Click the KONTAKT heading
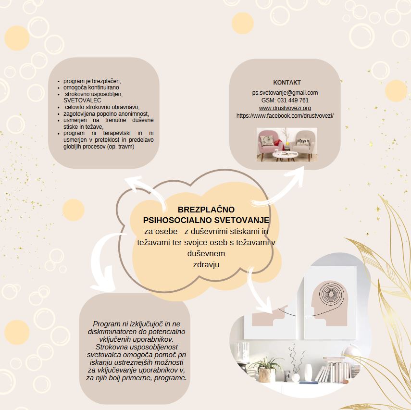tap(287, 82)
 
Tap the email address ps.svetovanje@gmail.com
tap(285, 93)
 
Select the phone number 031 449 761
tap(293, 100)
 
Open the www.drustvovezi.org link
tap(285, 108)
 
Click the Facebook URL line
tap(285, 116)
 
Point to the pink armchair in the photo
tap(270, 144)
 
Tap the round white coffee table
tap(285, 155)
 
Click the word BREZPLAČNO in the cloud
tap(206, 210)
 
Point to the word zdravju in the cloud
tap(206, 264)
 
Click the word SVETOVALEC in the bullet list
tap(82, 100)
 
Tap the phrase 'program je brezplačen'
tap(92, 81)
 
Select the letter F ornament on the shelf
tap(287, 375)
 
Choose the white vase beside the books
tap(308, 373)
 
